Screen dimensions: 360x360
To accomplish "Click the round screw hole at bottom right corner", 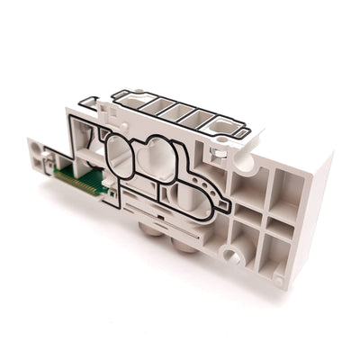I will pyautogui.click(x=278, y=282).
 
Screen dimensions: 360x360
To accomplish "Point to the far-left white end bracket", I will pyautogui.click(x=40, y=158).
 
